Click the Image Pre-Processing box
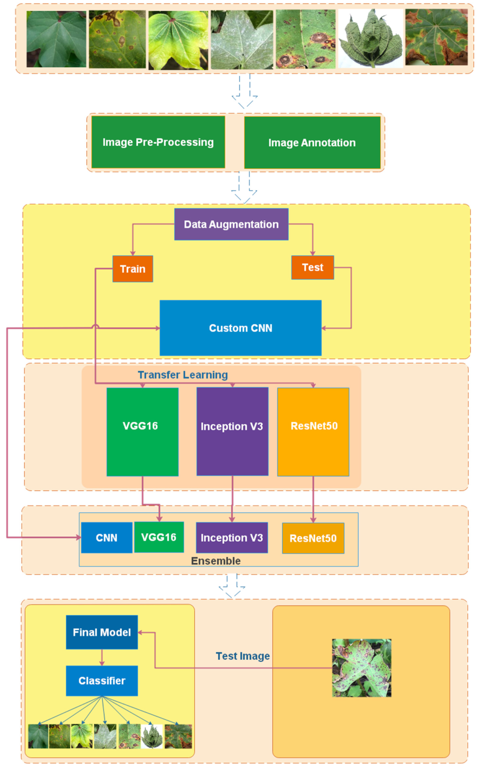[x=158, y=142]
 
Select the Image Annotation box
[x=312, y=143]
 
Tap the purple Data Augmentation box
[x=231, y=224]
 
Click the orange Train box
[x=132, y=269]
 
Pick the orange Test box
[x=312, y=267]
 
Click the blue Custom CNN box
[x=240, y=328]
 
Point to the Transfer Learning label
[x=183, y=375]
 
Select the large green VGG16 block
[x=142, y=431]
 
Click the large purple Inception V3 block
[x=232, y=431]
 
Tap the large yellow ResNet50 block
[x=313, y=431]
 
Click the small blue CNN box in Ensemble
[x=107, y=537]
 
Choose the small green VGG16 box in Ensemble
[x=159, y=537]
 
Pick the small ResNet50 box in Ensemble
[x=313, y=538]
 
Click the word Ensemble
[x=216, y=561]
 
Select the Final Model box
[x=102, y=632]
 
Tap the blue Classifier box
[x=102, y=681]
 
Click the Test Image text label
[x=243, y=656]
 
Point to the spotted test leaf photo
[x=361, y=668]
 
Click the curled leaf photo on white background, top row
[x=371, y=39]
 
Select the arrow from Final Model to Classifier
[x=102, y=657]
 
